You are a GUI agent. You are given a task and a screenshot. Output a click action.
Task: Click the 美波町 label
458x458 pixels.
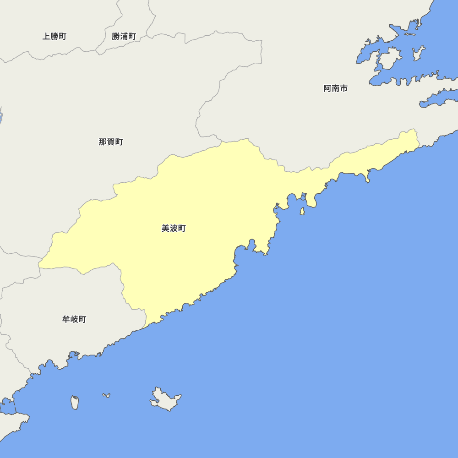(x=174, y=228)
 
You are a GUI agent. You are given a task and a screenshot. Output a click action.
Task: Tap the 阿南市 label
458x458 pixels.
(x=335, y=88)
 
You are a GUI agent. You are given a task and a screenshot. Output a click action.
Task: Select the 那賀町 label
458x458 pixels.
(x=111, y=142)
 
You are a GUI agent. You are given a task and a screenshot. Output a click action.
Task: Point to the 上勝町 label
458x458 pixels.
(x=55, y=36)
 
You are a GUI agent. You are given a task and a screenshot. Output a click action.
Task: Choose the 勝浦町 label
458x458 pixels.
(x=124, y=36)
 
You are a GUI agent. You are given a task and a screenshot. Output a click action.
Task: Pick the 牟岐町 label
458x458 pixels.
(x=74, y=319)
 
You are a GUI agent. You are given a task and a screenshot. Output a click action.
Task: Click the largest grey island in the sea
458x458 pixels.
(x=165, y=399)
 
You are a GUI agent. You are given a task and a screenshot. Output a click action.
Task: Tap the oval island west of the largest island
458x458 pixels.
(x=75, y=402)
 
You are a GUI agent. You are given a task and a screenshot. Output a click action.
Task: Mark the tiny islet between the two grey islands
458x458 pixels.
(x=106, y=395)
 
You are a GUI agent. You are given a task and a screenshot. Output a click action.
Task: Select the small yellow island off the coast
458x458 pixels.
(x=302, y=211)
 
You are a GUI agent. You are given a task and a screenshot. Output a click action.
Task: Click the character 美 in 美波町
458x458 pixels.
(x=165, y=228)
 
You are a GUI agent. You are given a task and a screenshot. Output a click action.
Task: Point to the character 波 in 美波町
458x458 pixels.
(x=174, y=228)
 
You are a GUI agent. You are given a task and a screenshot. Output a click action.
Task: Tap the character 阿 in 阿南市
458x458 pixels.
(x=327, y=88)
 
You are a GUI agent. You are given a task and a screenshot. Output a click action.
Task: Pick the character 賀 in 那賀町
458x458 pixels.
(x=111, y=142)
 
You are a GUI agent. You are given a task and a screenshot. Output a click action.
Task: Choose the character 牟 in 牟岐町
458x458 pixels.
(x=66, y=319)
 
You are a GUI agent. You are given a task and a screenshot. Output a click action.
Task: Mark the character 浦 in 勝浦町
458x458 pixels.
(x=124, y=36)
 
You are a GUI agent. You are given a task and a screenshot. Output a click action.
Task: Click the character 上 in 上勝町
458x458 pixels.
(x=46, y=36)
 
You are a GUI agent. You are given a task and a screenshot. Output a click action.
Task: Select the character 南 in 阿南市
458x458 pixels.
(x=335, y=88)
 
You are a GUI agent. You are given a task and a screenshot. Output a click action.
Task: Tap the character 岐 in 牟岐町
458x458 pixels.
(x=74, y=319)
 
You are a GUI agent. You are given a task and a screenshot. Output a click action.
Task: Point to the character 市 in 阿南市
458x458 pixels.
(x=343, y=88)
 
